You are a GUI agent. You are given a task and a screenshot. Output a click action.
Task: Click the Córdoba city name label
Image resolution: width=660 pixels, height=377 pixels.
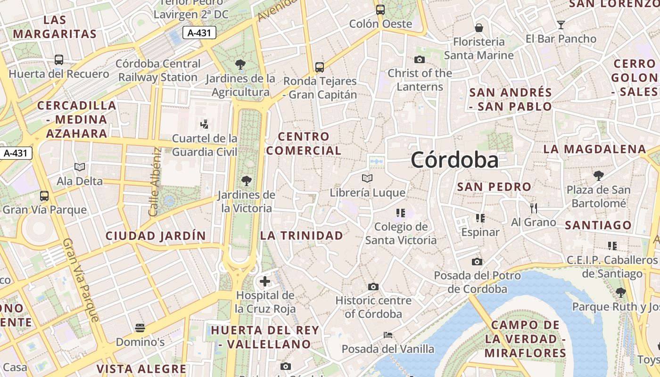pyautogui.click(x=454, y=160)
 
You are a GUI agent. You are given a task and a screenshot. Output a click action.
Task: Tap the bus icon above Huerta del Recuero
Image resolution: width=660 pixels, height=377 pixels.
pyautogui.click(x=59, y=60)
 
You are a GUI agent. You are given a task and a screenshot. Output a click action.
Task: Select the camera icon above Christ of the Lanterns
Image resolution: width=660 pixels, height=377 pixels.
pyautogui.click(x=420, y=59)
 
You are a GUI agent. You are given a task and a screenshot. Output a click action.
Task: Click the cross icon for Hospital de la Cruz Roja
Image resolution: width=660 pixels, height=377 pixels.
pyautogui.click(x=265, y=281)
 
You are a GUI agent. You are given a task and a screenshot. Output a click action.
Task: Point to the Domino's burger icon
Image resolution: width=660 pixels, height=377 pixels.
pyautogui.click(x=140, y=328)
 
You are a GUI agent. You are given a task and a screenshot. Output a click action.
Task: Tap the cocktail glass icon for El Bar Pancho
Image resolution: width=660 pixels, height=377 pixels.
pyautogui.click(x=561, y=25)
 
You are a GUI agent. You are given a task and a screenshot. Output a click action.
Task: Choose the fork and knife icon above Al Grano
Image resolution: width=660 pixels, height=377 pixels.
pyautogui.click(x=534, y=208)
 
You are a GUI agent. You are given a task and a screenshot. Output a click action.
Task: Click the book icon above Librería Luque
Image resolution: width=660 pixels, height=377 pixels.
pyautogui.click(x=367, y=179)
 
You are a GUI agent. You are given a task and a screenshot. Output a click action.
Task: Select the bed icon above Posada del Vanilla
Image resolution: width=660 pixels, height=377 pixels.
pyautogui.click(x=388, y=335)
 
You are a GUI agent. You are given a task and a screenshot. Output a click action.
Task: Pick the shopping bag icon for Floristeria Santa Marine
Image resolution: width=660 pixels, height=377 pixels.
pyautogui.click(x=479, y=28)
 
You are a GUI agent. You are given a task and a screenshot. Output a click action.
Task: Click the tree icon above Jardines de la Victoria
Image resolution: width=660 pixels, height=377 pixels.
pyautogui.click(x=246, y=180)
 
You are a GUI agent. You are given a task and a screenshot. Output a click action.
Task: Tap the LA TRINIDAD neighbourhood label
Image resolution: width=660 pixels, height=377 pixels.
pyautogui.click(x=302, y=236)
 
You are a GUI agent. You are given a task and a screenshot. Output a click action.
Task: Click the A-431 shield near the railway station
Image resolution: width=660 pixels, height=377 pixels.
pyautogui.click(x=199, y=33)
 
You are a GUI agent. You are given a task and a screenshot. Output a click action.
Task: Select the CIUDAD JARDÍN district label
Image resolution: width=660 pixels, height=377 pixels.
pyautogui.click(x=156, y=236)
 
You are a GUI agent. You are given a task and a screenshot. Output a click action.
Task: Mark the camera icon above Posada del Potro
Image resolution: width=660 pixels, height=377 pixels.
pyautogui.click(x=477, y=262)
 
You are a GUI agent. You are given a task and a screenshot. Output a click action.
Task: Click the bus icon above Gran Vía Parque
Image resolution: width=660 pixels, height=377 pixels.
pyautogui.click(x=44, y=196)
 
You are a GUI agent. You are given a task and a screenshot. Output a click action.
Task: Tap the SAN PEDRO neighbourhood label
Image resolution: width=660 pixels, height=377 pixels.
pyautogui.click(x=495, y=187)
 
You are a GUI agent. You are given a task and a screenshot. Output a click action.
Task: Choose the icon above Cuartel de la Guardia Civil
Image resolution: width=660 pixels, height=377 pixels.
pyautogui.click(x=205, y=125)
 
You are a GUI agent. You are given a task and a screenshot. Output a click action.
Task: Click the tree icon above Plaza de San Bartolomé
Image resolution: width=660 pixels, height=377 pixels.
pyautogui.click(x=599, y=176)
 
